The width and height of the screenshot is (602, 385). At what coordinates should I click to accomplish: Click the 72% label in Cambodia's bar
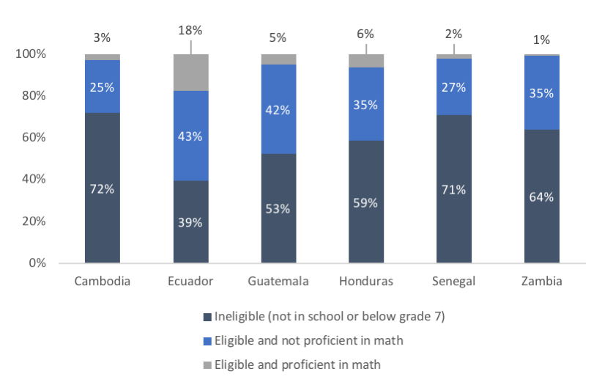(102, 188)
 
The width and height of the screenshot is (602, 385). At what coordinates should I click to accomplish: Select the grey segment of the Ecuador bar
(190, 73)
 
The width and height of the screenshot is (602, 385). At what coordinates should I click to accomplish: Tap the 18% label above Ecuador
(190, 30)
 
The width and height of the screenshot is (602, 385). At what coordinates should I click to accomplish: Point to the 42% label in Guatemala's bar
(278, 110)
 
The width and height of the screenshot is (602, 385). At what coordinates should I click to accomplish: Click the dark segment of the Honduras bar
(365, 202)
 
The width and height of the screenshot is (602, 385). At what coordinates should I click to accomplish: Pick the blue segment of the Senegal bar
(454, 86)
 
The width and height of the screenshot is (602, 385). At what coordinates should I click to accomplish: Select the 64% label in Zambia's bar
(542, 197)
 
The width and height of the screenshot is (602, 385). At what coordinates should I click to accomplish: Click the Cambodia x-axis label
(102, 282)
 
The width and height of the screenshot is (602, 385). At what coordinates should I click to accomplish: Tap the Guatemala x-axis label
(278, 282)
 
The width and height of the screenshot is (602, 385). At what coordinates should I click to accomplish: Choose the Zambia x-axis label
(542, 282)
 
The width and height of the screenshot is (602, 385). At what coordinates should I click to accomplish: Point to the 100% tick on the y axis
(31, 54)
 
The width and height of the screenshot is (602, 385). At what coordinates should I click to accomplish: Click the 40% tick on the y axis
(34, 179)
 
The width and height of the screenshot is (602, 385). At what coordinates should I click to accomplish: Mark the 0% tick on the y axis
(37, 263)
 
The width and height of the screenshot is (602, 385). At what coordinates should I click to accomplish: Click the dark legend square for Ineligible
(207, 318)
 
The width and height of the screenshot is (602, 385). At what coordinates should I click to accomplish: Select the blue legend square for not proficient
(207, 340)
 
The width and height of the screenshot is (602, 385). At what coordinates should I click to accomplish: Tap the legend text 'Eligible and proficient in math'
(297, 364)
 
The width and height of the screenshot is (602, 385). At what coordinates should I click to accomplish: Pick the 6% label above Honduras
(365, 34)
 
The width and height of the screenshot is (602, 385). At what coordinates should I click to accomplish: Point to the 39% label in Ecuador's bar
(190, 222)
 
